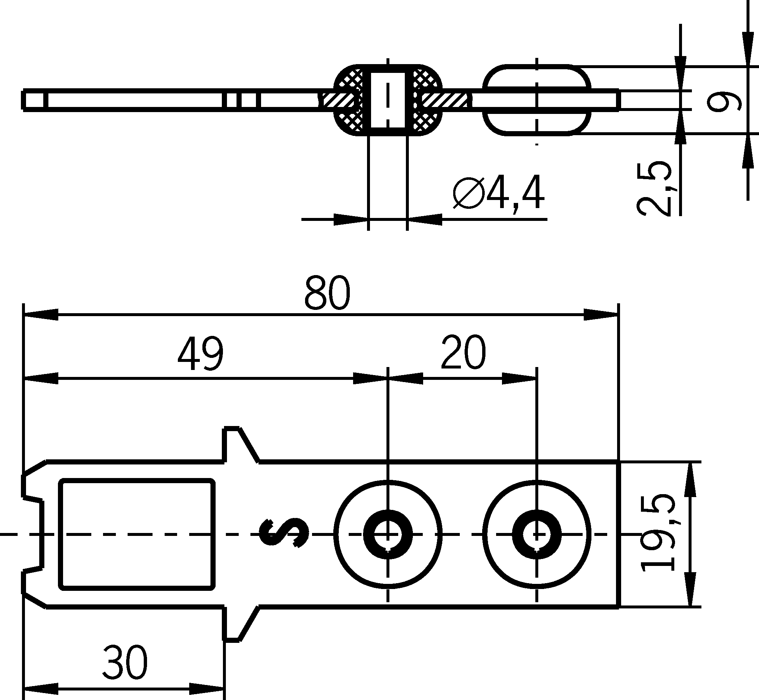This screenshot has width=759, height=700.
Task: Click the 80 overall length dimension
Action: pyautogui.click(x=327, y=293)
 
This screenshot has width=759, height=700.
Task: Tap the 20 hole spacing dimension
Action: pyautogui.click(x=463, y=353)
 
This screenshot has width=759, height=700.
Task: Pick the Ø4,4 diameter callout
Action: pyautogui.click(x=499, y=193)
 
